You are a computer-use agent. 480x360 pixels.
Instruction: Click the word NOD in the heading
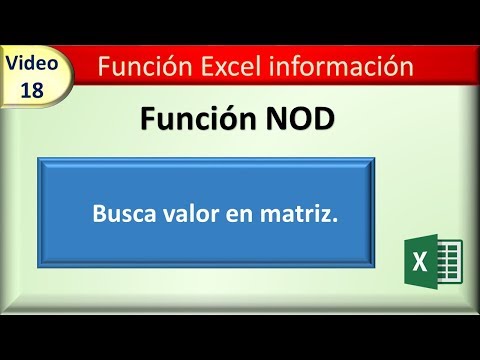click(x=296, y=121)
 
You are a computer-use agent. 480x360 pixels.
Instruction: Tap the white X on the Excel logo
click(x=419, y=265)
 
